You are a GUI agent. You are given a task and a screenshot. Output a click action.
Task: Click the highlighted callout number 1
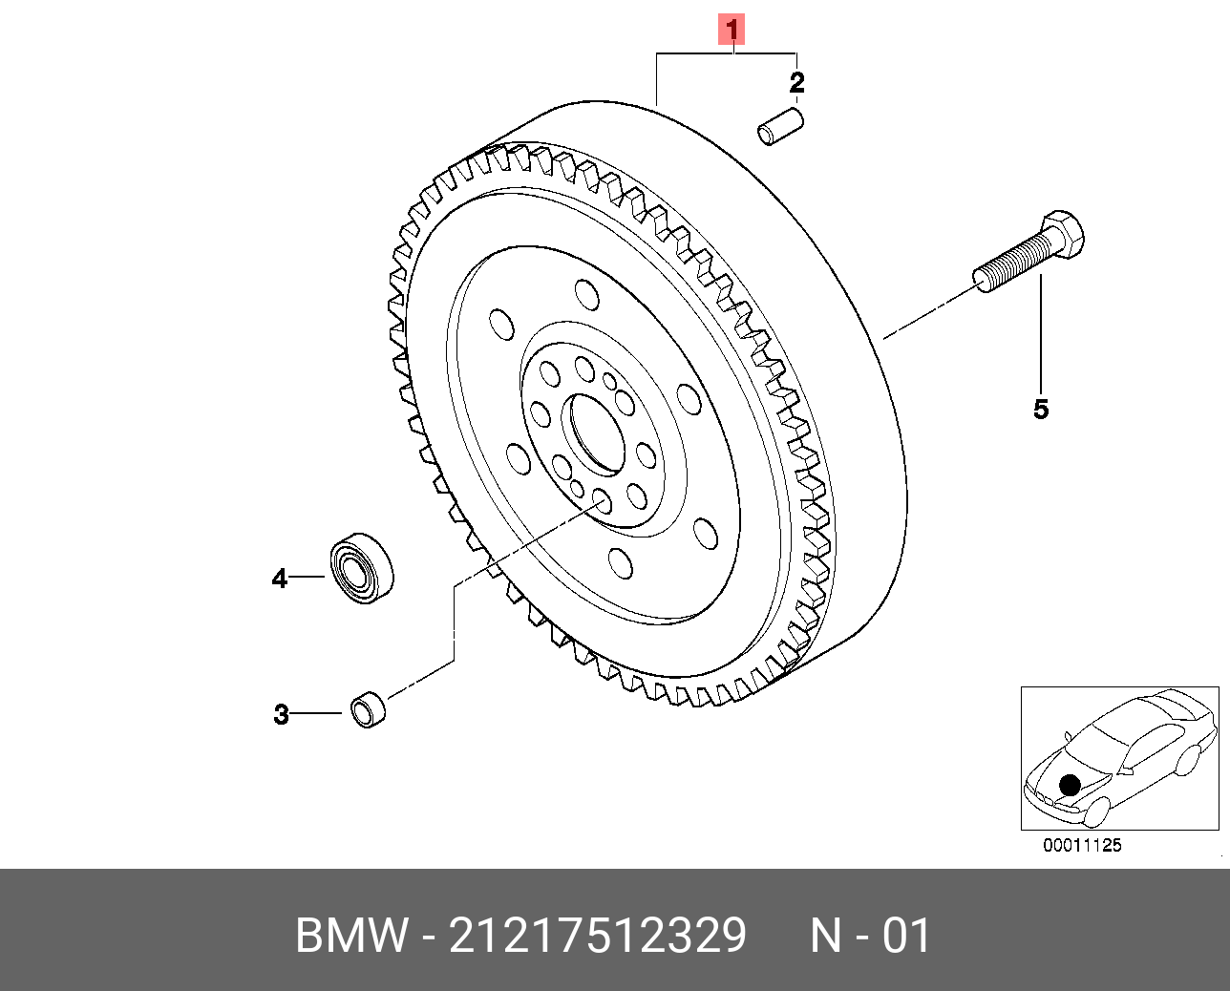[732, 30]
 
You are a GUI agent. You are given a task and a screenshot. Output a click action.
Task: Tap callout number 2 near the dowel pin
[796, 82]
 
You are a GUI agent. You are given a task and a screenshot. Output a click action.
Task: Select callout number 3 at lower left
[281, 714]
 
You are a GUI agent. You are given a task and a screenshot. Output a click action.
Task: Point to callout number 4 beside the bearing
[279, 579]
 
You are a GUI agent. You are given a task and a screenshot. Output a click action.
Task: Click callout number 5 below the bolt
[1041, 410]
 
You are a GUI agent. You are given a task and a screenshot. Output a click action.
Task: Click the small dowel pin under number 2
[780, 127]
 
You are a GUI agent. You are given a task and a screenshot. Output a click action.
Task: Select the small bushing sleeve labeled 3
[368, 709]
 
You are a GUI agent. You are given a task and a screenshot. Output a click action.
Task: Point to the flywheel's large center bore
[593, 434]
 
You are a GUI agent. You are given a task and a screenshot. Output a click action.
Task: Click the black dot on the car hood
[1070, 785]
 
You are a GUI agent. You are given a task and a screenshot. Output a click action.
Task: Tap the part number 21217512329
[597, 936]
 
